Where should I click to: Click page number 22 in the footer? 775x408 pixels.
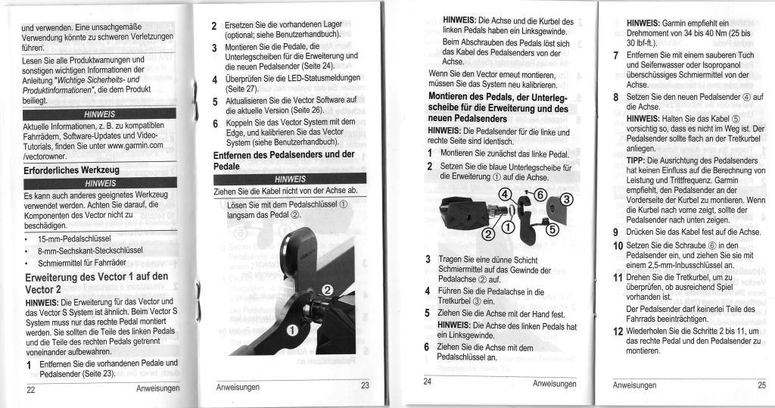coord(31,391)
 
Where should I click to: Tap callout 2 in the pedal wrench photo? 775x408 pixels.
coord(328,290)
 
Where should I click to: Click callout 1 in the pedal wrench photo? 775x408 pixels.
coord(290,329)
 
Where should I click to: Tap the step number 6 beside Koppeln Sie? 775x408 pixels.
coord(215,123)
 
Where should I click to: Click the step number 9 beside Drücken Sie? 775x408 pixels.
coord(617,232)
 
